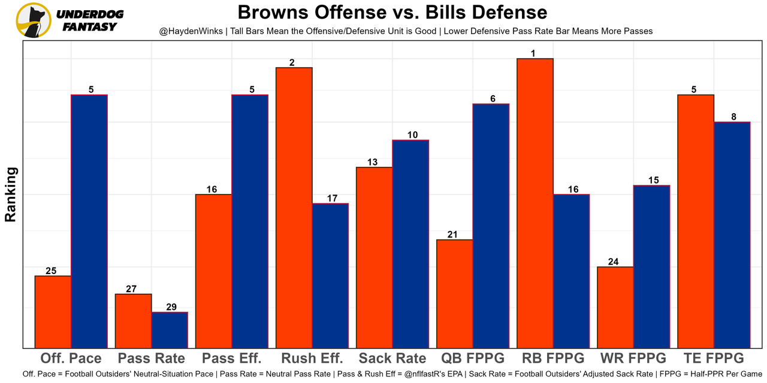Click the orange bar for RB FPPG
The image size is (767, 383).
click(535, 203)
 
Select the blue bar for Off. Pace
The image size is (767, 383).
click(89, 221)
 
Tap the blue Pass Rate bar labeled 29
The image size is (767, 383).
click(170, 330)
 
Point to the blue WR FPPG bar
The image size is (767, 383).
click(651, 266)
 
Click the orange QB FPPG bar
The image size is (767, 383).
click(454, 293)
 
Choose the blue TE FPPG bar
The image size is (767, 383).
click(732, 235)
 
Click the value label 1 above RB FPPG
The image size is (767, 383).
click(533, 54)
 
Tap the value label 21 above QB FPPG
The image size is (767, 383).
click(452, 235)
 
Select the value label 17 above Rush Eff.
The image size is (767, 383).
click(330, 199)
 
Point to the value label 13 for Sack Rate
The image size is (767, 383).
click(372, 162)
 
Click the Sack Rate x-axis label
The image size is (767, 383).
click(392, 358)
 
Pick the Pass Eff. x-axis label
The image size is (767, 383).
click(232, 358)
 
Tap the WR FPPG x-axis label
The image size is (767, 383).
click(633, 358)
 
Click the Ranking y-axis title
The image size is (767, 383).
click(11, 194)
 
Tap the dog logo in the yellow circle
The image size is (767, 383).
click(34, 20)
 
